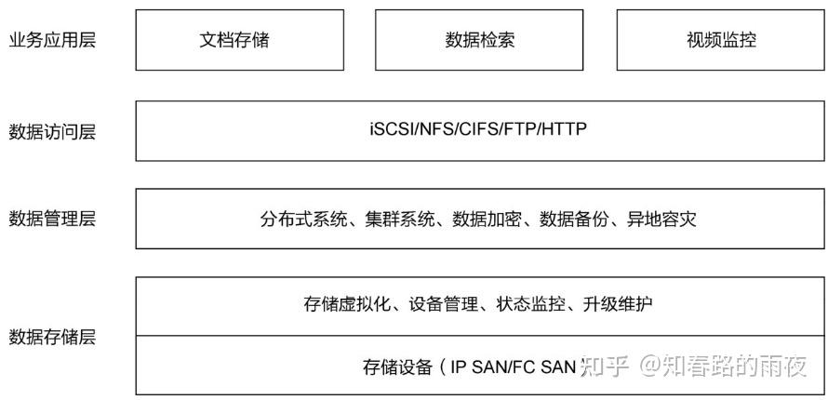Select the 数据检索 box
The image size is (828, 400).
click(479, 40)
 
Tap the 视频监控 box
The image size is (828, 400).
click(721, 40)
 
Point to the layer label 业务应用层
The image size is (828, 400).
click(52, 40)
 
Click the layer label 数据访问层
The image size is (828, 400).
click(52, 131)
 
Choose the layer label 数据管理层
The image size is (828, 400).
click(52, 219)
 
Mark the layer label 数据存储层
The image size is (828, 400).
click(52, 337)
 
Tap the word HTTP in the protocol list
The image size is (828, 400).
click(567, 129)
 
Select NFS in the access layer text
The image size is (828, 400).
click(433, 129)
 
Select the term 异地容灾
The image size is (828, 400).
click(662, 220)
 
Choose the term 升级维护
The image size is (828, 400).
click(618, 304)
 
